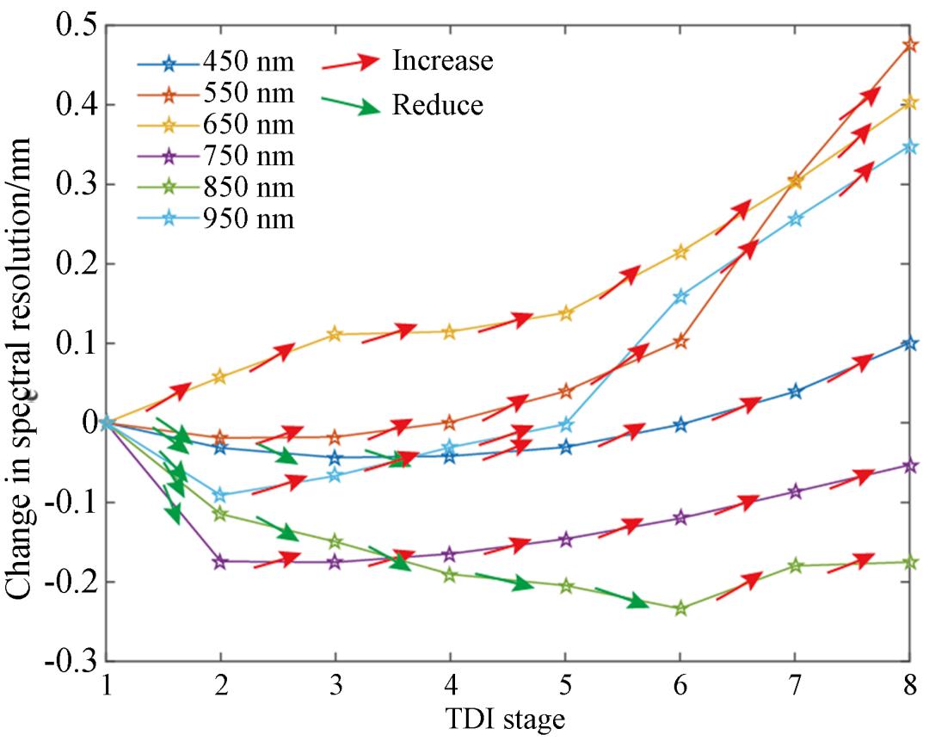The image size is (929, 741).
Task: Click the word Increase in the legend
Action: (x=442, y=60)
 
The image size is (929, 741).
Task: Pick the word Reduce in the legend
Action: (x=438, y=106)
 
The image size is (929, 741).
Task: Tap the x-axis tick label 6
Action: (x=680, y=687)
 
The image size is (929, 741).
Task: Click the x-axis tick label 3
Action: (x=335, y=687)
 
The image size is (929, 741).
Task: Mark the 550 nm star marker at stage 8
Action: (x=909, y=45)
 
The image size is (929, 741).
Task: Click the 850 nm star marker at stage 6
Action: (x=680, y=608)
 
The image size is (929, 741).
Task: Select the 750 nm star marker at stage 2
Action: (x=220, y=561)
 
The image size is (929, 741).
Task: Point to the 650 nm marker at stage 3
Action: (x=335, y=334)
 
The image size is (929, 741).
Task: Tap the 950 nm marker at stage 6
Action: (x=680, y=296)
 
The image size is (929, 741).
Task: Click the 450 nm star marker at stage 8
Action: (x=909, y=343)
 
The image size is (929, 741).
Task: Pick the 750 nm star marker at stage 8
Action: (x=909, y=466)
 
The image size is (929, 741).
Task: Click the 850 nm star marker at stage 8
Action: (x=909, y=562)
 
